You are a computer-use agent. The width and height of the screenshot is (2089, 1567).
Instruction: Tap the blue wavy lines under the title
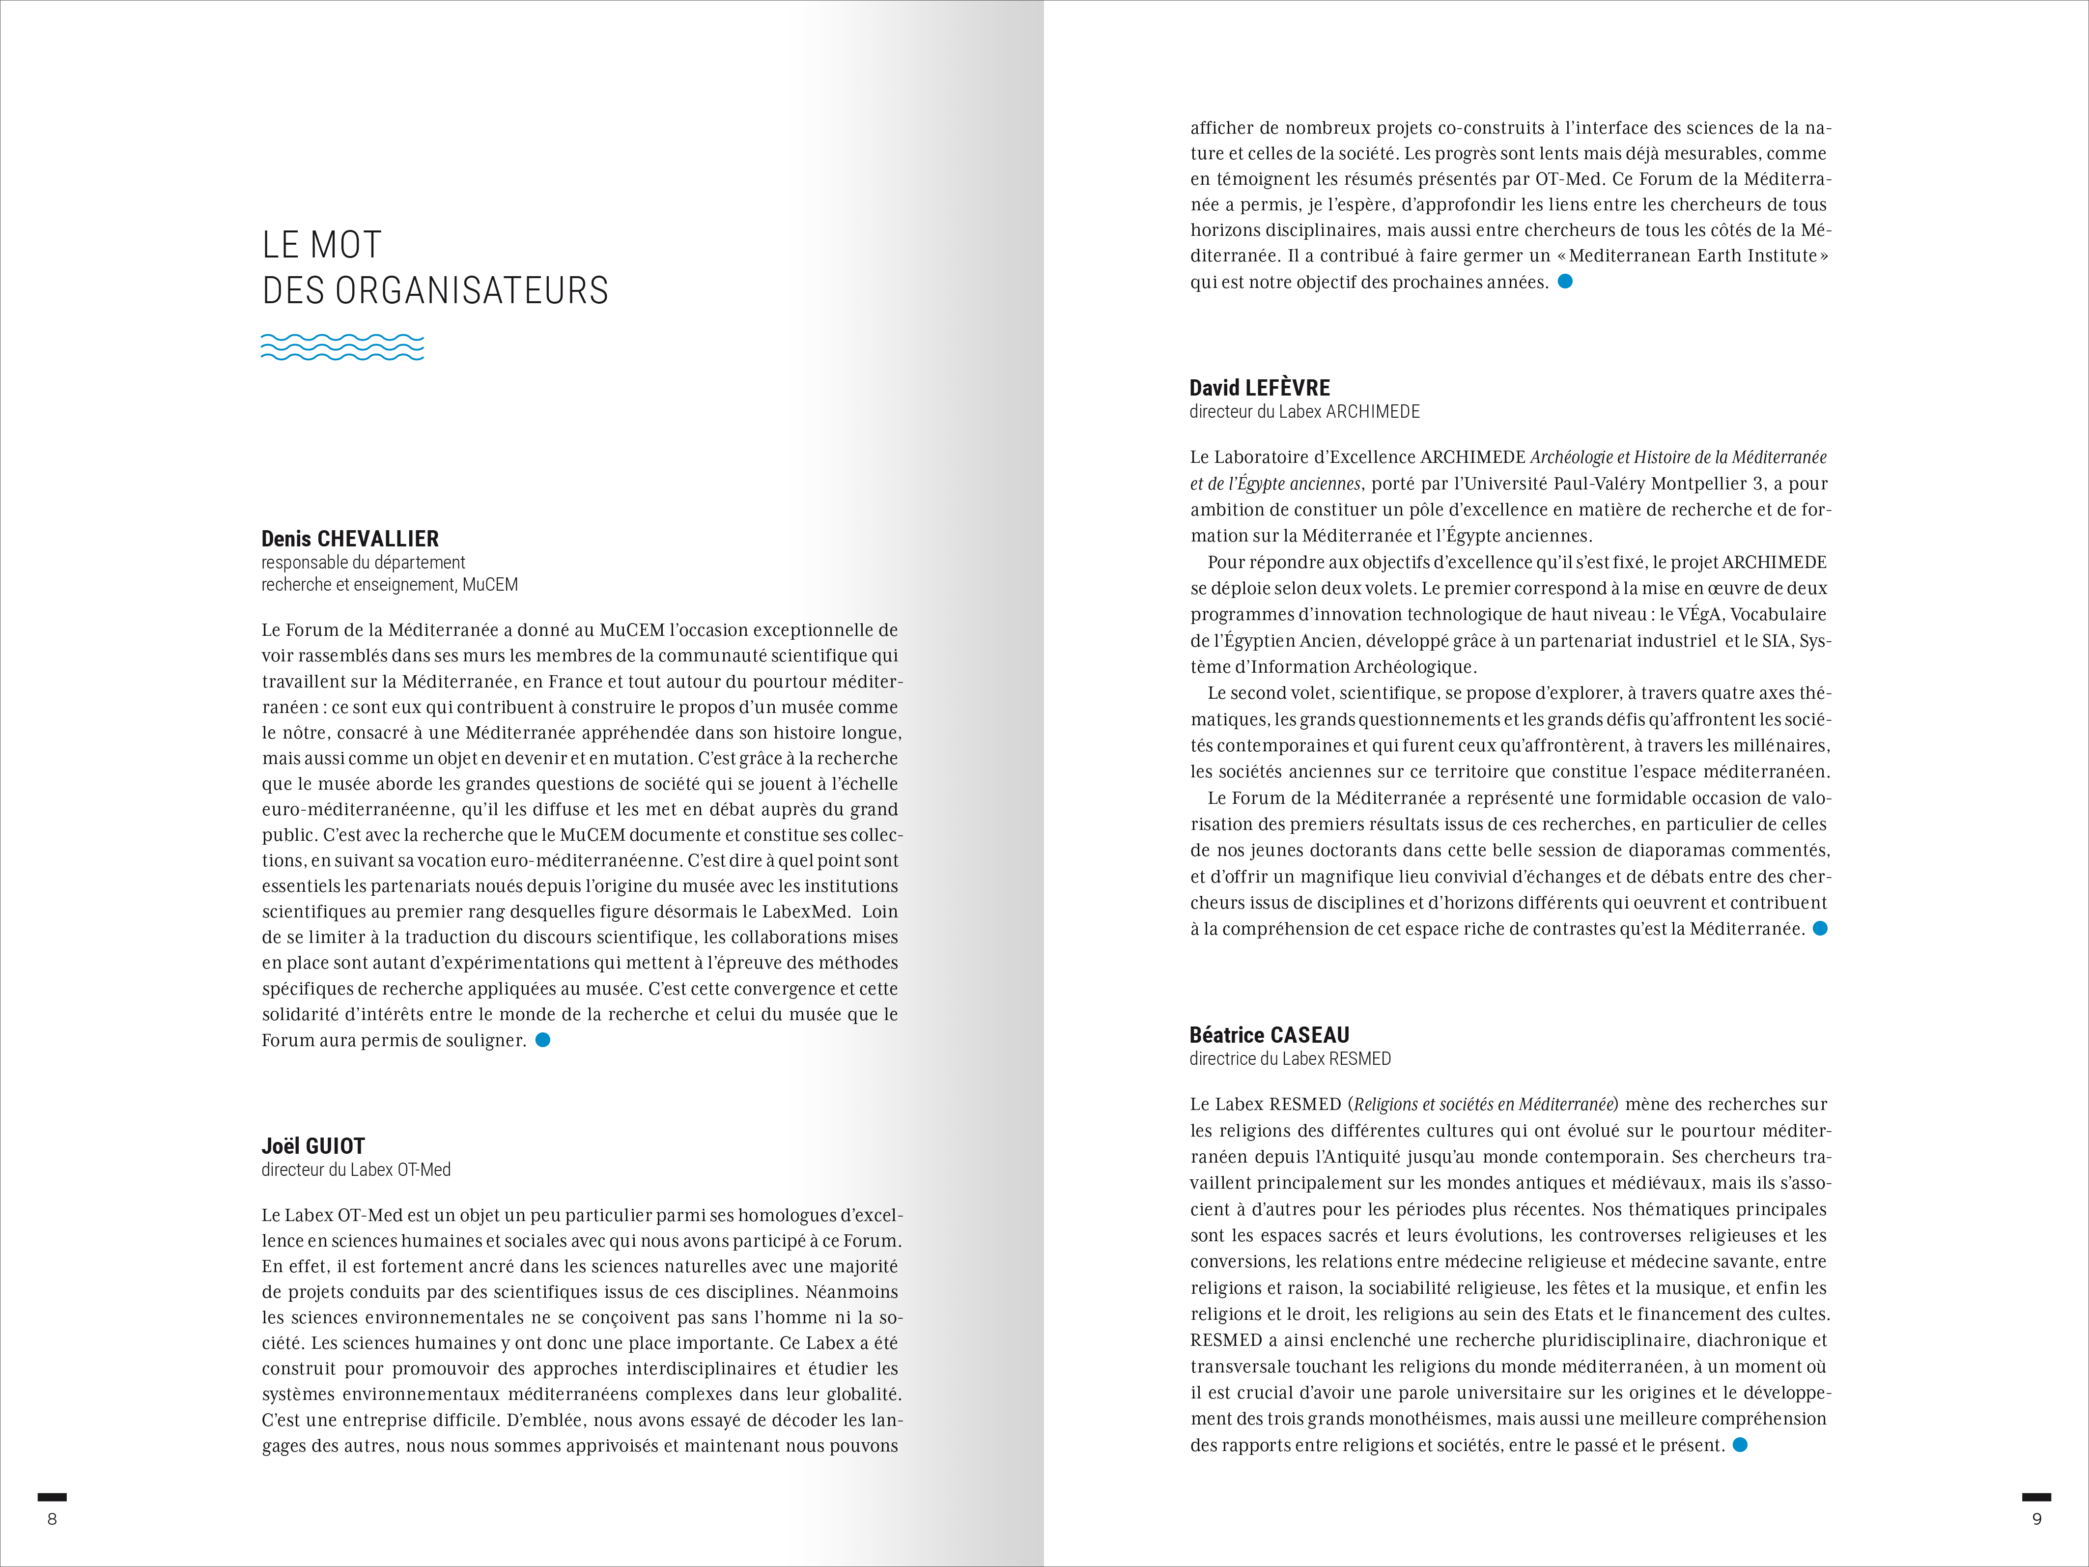[342, 346]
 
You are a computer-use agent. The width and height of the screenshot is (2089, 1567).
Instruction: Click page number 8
[52, 1519]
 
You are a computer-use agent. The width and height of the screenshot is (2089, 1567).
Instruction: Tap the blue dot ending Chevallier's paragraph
[543, 1040]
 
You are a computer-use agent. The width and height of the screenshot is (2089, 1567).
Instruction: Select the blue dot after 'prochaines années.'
[1565, 282]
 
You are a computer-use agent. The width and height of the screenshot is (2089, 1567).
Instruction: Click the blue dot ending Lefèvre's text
[1820, 929]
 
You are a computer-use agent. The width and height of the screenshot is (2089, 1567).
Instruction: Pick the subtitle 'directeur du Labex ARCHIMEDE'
[1304, 412]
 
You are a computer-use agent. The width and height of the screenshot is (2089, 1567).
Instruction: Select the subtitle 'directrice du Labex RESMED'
[1290, 1059]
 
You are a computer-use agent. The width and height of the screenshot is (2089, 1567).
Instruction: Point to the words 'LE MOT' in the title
[322, 246]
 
